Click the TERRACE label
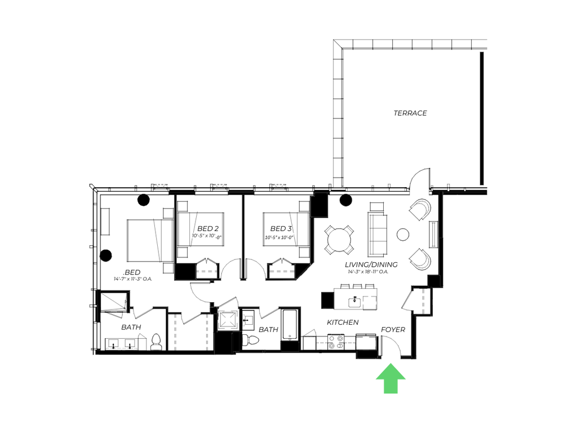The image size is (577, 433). click(410, 113)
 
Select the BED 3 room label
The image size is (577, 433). click(280, 228)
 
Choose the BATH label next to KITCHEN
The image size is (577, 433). click(268, 329)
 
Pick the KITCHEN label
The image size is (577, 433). click(342, 322)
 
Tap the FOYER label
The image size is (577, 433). click(393, 330)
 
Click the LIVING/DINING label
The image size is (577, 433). click(369, 264)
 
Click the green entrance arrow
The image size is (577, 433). click(390, 378)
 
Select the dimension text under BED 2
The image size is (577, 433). click(206, 236)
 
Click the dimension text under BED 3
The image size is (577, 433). click(279, 237)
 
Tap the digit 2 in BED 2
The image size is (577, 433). click(216, 228)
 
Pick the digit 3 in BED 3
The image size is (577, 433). click(289, 228)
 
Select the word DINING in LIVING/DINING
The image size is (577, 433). click(383, 264)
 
